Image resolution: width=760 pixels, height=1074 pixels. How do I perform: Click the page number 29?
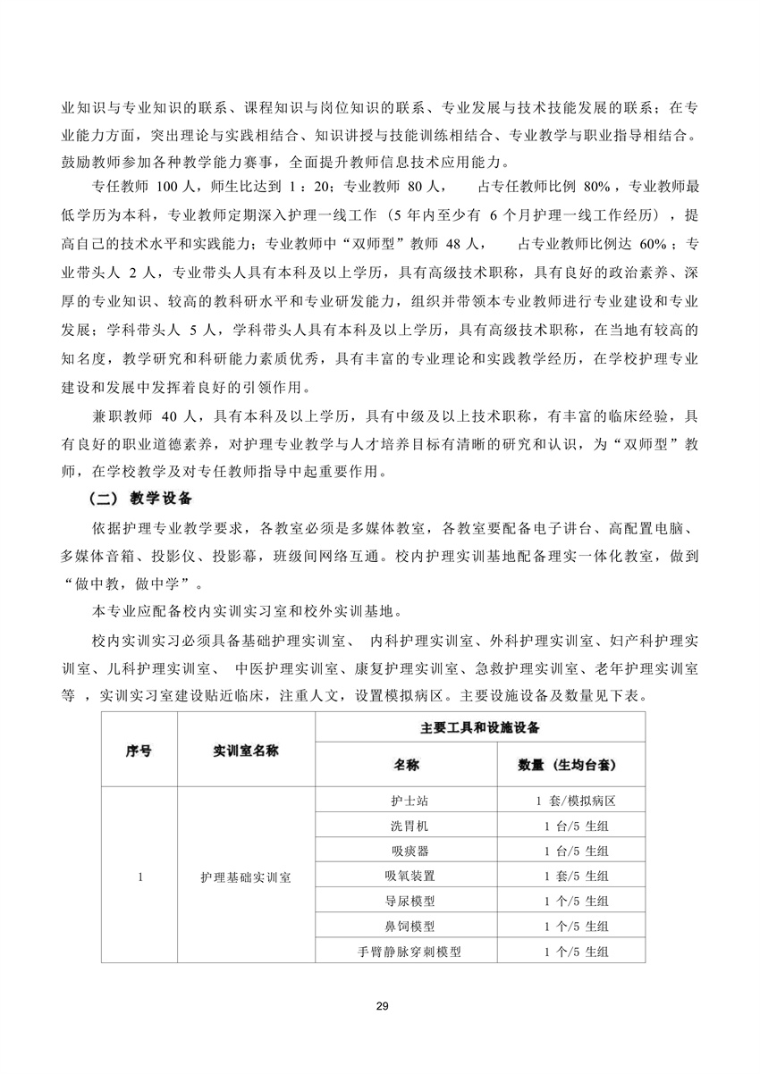382,1007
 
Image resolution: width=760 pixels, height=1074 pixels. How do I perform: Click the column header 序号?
138,751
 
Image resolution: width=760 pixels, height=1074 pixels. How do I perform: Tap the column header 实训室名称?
246,751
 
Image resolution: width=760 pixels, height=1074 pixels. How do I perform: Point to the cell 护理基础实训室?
246,877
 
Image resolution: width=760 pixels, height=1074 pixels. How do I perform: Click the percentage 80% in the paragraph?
595,189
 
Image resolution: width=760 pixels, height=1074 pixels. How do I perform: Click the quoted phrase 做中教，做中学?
132,584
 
